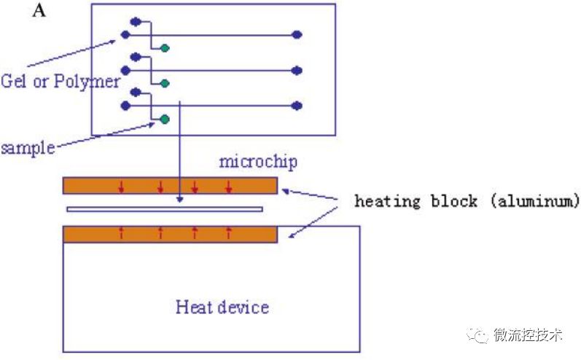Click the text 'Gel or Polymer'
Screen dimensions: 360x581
[60, 81]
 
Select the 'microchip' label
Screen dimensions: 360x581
[258, 161]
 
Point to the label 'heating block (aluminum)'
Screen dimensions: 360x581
[467, 201]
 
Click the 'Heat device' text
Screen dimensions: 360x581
[222, 307]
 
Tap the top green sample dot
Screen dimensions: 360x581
[165, 48]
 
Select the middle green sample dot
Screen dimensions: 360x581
[165, 83]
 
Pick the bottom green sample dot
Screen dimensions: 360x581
[165, 119]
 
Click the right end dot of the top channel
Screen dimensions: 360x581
[297, 34]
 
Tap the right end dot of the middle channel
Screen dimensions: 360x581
[297, 70]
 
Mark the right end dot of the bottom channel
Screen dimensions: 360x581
[297, 106]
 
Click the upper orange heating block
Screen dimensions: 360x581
[170, 186]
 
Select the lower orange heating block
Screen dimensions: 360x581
[170, 234]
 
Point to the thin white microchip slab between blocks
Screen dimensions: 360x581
[164, 210]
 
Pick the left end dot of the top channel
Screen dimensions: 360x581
[125, 34]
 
